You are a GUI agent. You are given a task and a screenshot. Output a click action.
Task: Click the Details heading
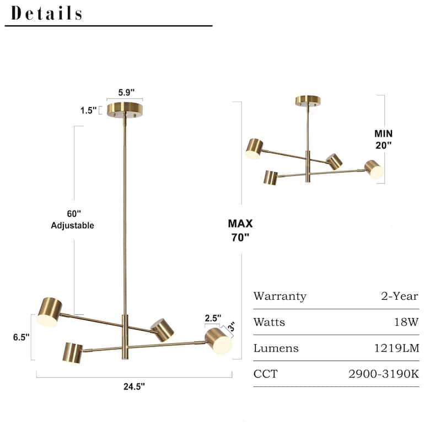tap(47, 13)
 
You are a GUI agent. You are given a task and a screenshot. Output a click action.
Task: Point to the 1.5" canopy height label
tap(87, 110)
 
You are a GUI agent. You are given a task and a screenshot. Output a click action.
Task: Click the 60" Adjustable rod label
tap(72, 219)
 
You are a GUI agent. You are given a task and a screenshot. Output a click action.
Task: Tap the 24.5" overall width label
tap(135, 386)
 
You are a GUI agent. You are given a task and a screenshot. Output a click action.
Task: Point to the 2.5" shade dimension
tap(213, 318)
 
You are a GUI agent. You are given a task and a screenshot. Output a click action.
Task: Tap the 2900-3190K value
tap(384, 374)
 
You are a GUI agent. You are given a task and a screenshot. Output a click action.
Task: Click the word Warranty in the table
tap(279, 297)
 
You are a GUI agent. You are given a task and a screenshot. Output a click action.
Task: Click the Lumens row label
tap(276, 348)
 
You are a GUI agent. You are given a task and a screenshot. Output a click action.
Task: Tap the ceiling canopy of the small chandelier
tap(308, 100)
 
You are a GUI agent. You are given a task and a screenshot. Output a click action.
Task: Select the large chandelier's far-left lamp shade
tap(50, 311)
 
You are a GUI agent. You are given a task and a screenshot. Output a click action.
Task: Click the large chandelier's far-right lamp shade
tap(218, 340)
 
